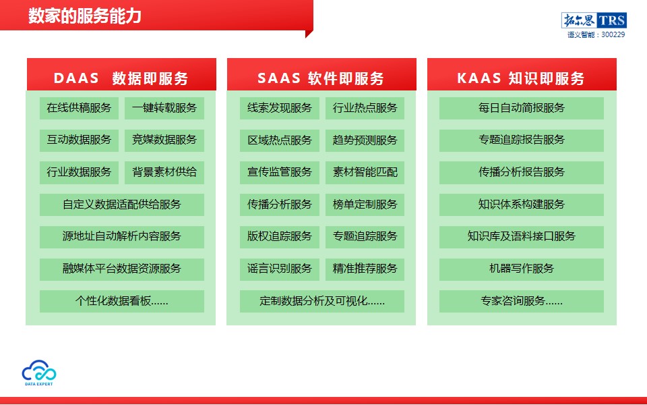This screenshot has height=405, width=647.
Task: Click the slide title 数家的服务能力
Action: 85,16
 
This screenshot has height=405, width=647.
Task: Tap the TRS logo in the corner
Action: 594,20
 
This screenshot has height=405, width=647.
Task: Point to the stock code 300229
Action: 613,34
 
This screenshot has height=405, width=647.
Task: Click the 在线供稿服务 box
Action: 79,108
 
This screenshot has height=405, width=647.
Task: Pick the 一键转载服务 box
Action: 164,108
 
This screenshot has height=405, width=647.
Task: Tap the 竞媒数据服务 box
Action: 164,140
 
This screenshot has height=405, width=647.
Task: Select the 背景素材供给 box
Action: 164,172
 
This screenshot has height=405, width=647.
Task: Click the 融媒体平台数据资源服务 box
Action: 122,269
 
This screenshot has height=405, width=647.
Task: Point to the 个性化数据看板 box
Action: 122,301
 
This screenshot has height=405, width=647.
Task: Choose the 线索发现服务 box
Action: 279,108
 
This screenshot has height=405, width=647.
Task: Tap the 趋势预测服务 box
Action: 365,140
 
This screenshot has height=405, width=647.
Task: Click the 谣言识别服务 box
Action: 279,269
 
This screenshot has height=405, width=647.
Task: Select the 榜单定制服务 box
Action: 365,205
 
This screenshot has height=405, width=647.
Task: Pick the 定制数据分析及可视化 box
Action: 322,301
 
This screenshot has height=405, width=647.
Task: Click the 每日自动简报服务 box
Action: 521,108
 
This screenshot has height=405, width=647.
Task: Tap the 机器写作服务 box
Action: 521,269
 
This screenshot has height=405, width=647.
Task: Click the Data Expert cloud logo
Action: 39,373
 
